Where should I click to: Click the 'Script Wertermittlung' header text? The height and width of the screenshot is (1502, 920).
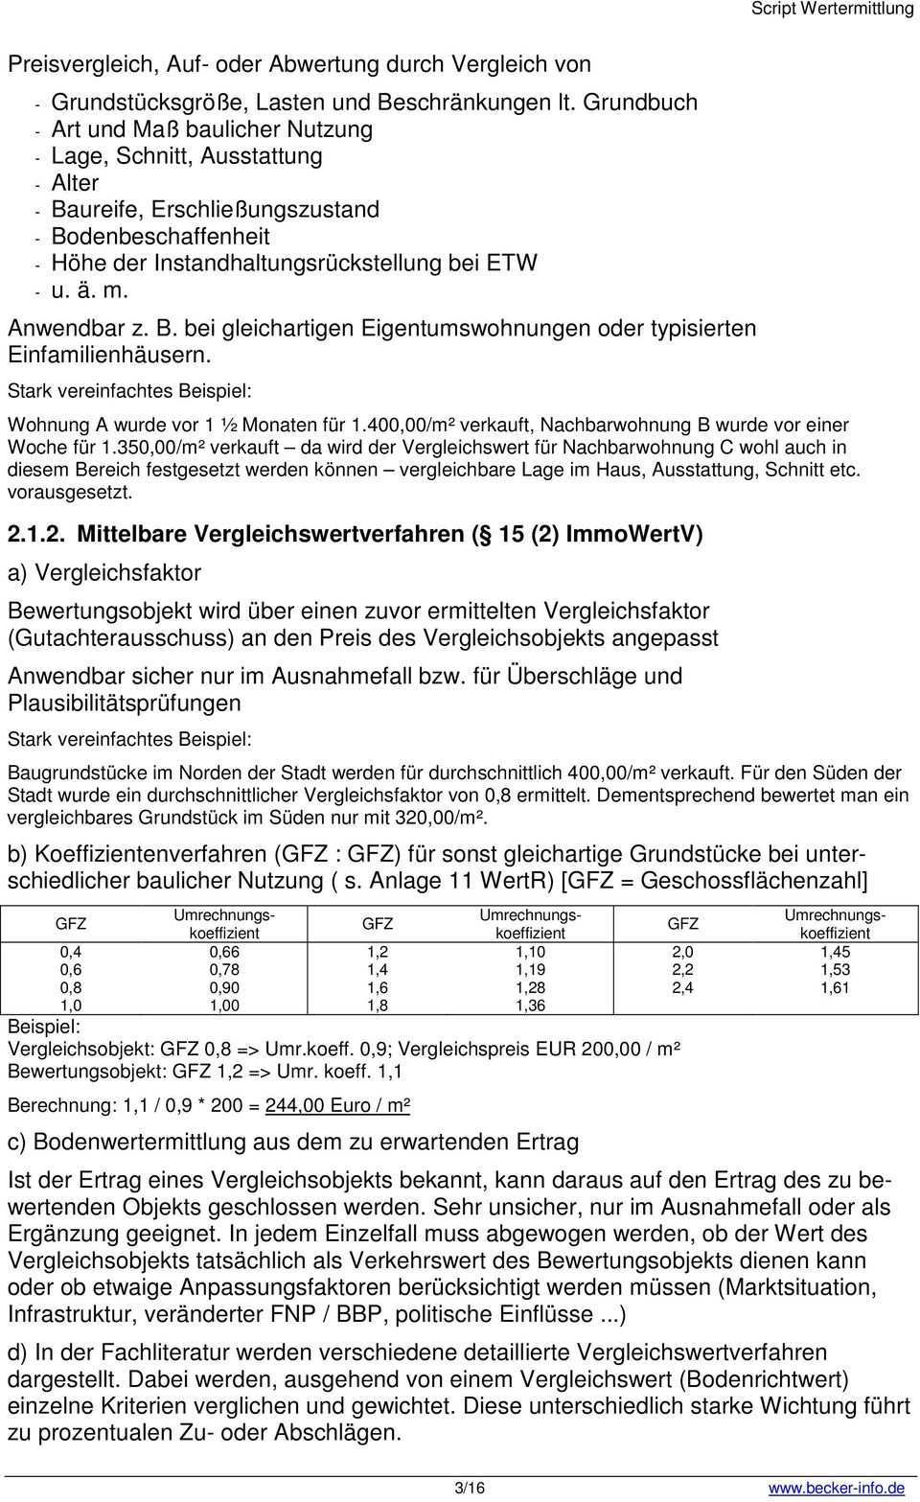click(x=832, y=10)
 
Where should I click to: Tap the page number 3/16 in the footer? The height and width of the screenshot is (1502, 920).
click(x=470, y=1488)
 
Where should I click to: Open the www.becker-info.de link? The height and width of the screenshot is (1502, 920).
click(x=836, y=1488)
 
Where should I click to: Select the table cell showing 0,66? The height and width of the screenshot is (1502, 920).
click(x=224, y=952)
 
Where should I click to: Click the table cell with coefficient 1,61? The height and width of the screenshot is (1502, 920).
click(x=835, y=988)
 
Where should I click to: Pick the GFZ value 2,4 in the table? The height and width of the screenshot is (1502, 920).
click(x=682, y=988)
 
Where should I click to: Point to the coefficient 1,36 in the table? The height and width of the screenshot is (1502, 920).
click(x=530, y=1005)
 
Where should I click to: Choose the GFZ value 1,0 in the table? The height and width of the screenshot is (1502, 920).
click(x=71, y=1005)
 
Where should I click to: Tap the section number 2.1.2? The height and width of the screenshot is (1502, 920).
click(x=38, y=534)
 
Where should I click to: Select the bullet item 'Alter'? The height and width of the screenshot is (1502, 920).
click(x=75, y=182)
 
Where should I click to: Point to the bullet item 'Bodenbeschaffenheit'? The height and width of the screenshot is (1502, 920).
click(x=160, y=236)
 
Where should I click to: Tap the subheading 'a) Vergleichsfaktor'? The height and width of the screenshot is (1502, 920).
click(x=104, y=573)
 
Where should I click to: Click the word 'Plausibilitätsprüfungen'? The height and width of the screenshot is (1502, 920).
click(x=125, y=703)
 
